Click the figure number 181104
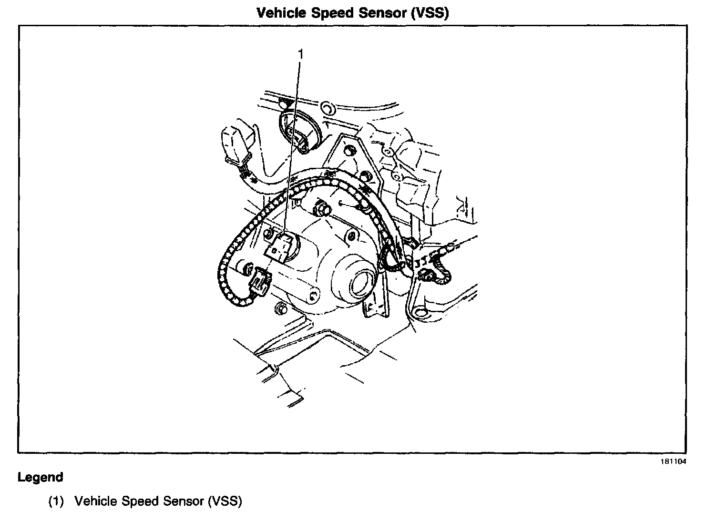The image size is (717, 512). (674, 461)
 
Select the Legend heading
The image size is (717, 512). (40, 477)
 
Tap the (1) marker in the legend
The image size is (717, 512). (56, 501)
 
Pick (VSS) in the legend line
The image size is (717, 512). (225, 501)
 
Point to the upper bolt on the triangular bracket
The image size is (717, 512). (350, 151)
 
